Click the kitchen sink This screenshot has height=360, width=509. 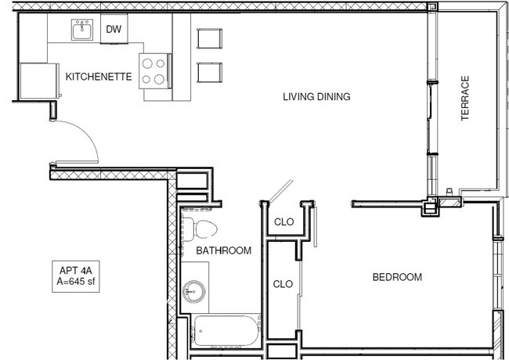click(x=82, y=30)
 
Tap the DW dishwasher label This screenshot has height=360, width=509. click(x=114, y=29)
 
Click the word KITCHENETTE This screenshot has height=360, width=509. click(x=99, y=77)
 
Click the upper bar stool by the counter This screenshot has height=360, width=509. click(x=209, y=38)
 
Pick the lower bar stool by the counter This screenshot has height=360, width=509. click(x=209, y=72)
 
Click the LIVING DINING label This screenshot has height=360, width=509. click(x=316, y=96)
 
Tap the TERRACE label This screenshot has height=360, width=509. click(x=465, y=99)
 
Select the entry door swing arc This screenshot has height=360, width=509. click(x=88, y=132)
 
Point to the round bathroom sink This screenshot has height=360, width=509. click(x=193, y=292)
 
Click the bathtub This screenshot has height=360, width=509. click(x=226, y=330)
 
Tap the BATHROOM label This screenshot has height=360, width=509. click(x=224, y=250)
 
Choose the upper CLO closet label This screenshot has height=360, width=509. click(x=283, y=221)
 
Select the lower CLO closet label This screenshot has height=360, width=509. click(x=283, y=284)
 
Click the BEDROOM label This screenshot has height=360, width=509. click(x=397, y=277)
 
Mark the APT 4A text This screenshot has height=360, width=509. click(x=76, y=271)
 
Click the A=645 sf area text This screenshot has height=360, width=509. click(x=76, y=281)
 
